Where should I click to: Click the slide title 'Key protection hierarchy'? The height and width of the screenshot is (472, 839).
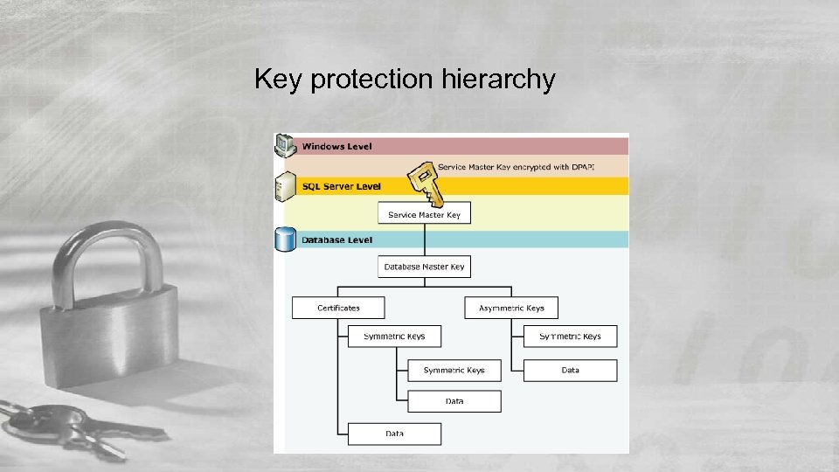pos(405,80)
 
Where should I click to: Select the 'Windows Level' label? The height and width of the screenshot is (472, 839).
pos(336,147)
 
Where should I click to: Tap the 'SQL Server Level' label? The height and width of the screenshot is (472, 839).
pos(341,186)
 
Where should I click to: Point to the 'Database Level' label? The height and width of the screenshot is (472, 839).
pos(336,239)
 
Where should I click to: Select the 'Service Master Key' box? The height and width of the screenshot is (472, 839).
pos(424,214)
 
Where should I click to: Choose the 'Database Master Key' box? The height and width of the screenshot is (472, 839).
pos(424,267)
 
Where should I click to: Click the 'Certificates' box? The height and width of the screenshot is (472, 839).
pos(338,308)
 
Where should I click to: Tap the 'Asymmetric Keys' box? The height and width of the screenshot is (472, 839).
pos(511,308)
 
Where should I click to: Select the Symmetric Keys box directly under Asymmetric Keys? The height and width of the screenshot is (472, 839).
pos(570,337)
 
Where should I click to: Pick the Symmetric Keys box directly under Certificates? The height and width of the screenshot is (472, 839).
pos(394,337)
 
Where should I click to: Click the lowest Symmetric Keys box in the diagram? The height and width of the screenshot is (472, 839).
pos(454,370)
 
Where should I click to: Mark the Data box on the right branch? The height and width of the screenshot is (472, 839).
pos(570,370)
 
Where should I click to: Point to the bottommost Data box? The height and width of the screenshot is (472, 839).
pos(394,434)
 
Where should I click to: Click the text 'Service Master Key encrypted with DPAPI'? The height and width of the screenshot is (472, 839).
pos(516,166)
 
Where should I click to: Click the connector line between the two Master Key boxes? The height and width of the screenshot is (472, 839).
pos(424,239)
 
